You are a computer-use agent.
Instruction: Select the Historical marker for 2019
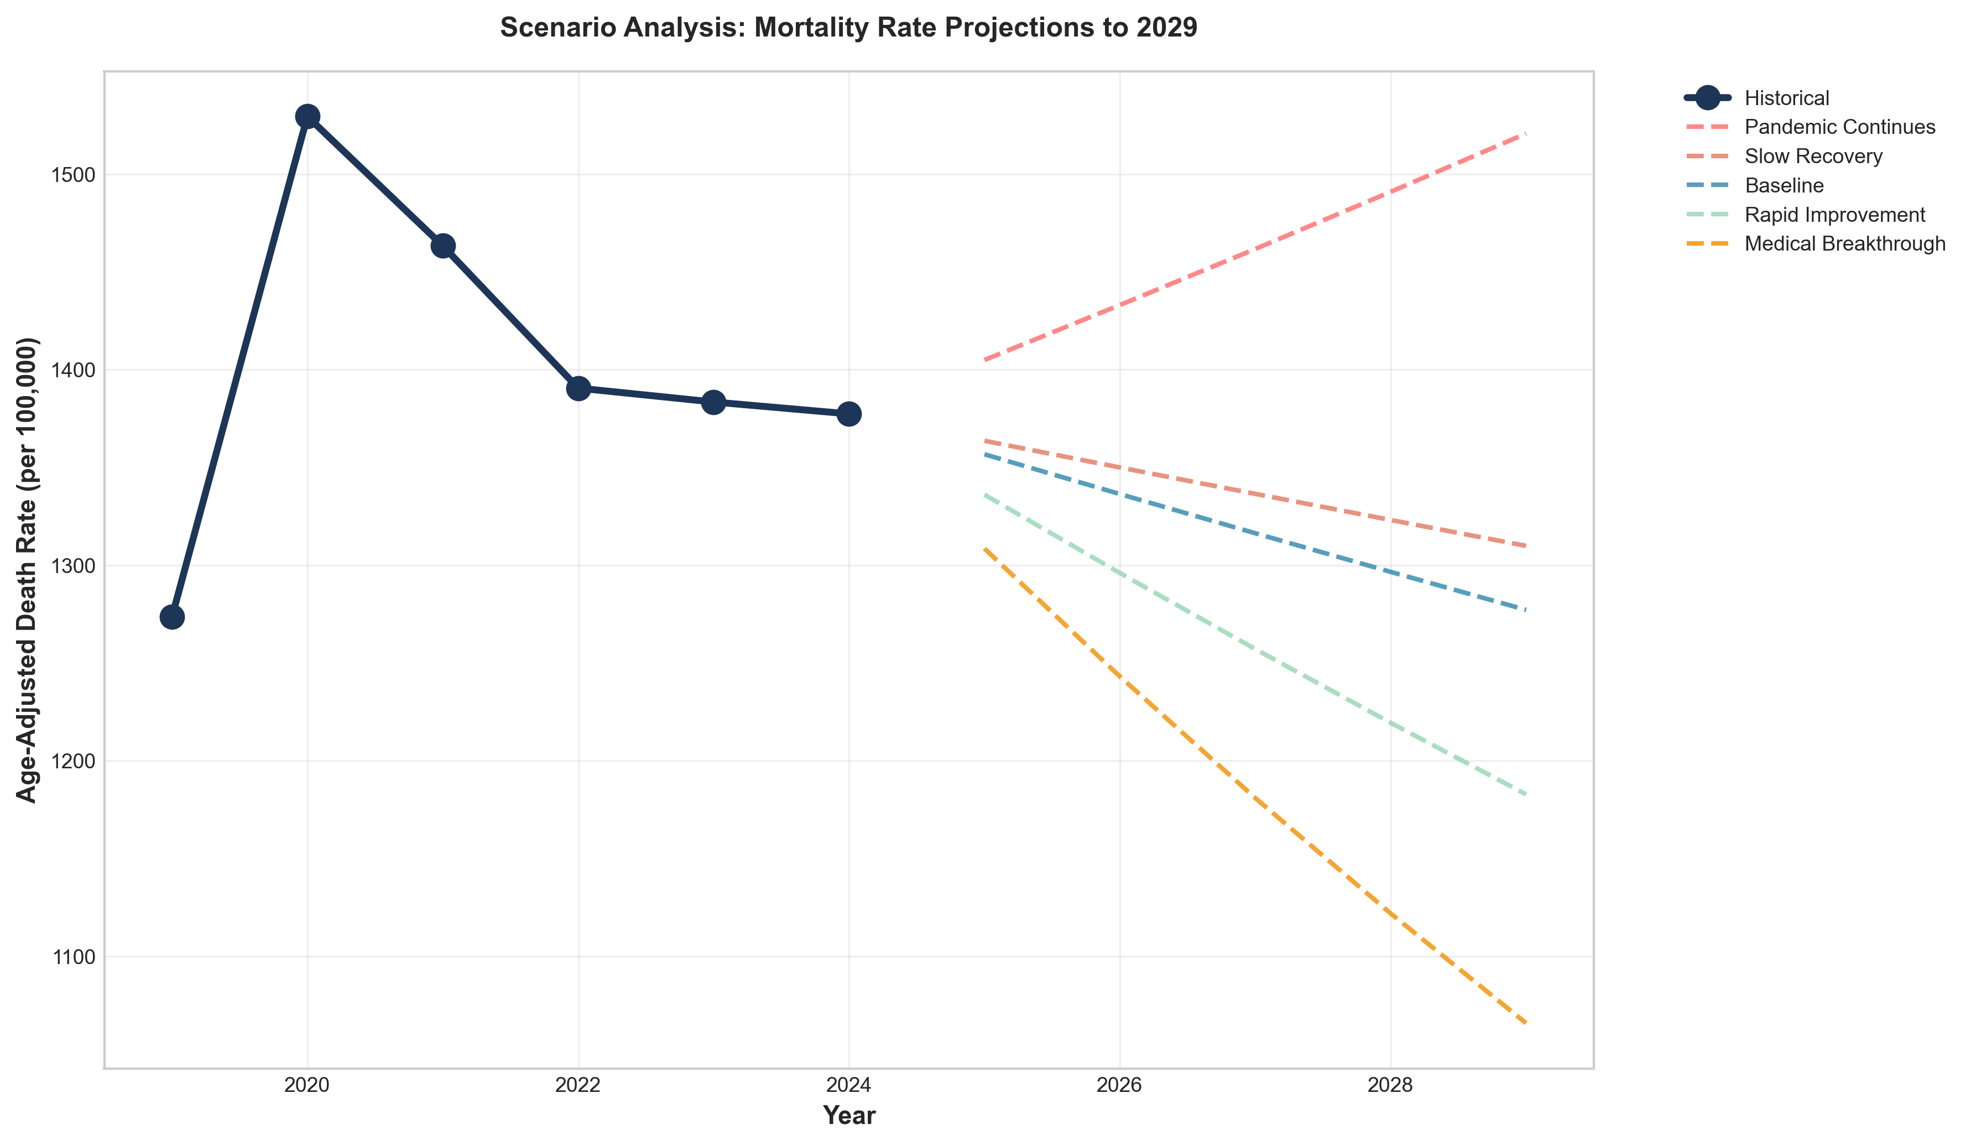click(x=172, y=617)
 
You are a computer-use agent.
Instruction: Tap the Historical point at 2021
click(x=442, y=246)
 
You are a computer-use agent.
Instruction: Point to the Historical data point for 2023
click(x=713, y=402)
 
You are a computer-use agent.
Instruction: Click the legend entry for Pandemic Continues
click(x=1839, y=127)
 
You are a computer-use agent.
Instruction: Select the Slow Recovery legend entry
click(x=1813, y=157)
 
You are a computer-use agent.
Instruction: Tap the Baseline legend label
click(x=1784, y=185)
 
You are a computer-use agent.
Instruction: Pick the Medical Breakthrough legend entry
click(x=1845, y=244)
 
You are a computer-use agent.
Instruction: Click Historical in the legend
click(x=1786, y=98)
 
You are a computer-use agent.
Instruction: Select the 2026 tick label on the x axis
click(x=1119, y=1086)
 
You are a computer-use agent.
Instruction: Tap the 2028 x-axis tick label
click(x=1391, y=1086)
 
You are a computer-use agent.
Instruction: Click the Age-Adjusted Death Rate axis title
click(x=28, y=569)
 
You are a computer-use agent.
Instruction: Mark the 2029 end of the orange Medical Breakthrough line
click(x=1526, y=1023)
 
